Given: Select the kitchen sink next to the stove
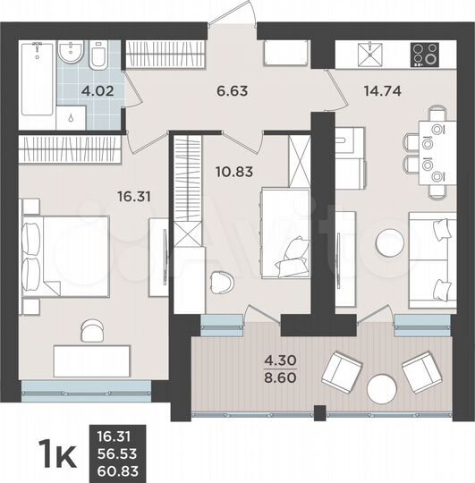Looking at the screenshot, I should click(x=369, y=55).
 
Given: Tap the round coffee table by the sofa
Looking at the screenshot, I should click(x=389, y=241).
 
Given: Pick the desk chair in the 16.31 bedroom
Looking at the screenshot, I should click(x=91, y=330).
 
